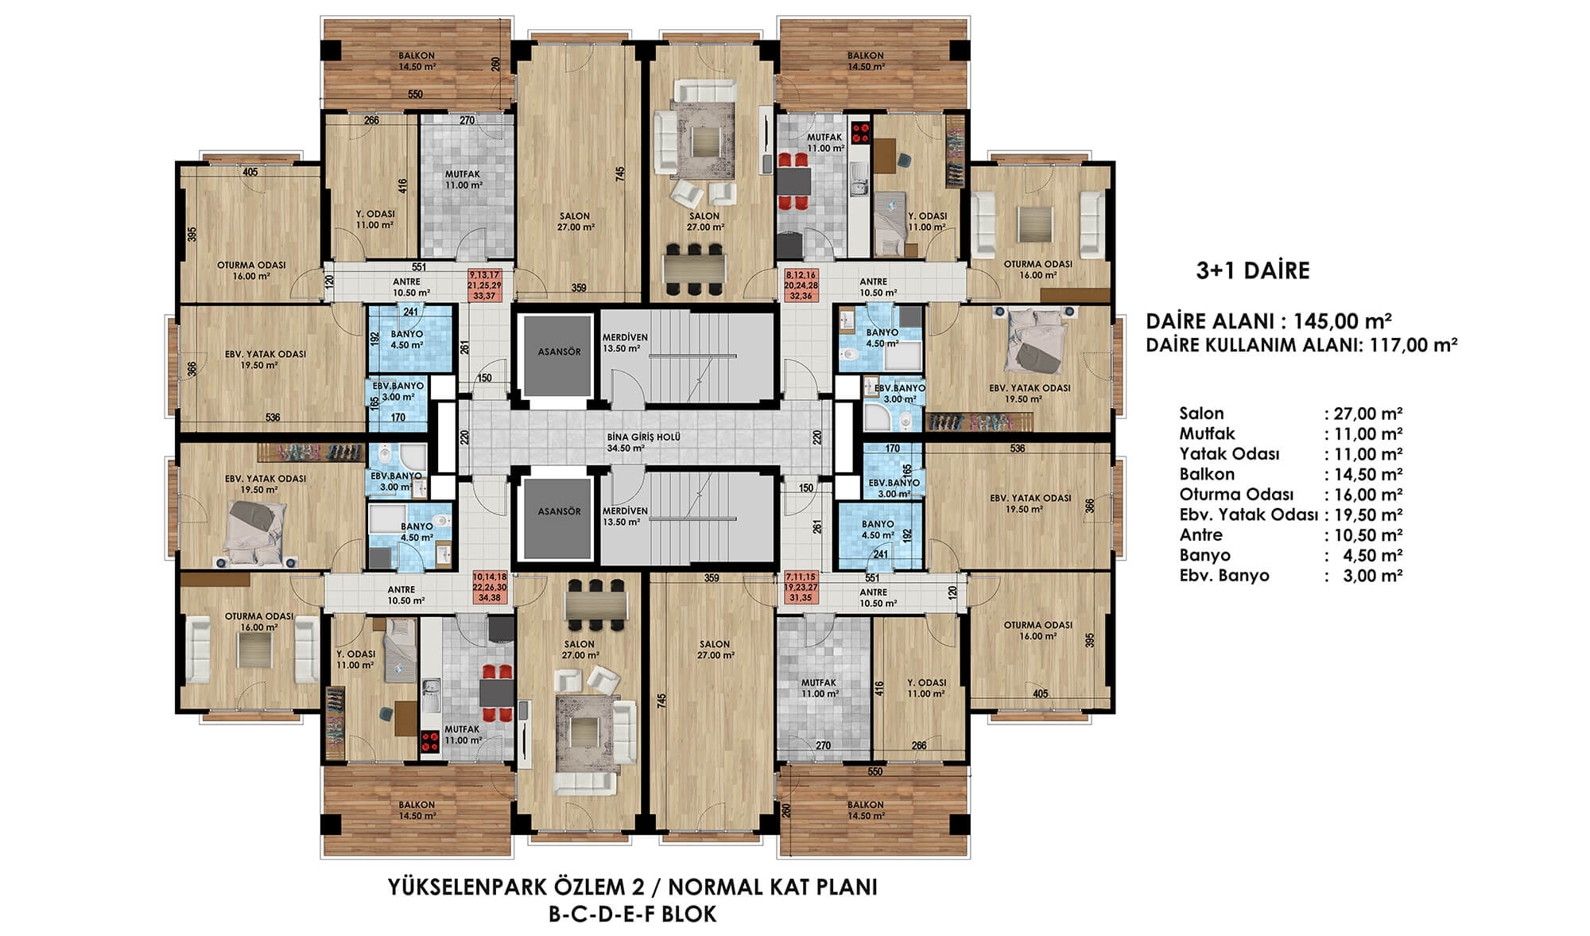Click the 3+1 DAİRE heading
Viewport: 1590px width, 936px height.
pyautogui.click(x=1253, y=270)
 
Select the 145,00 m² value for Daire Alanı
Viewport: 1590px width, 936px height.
pyautogui.click(x=1343, y=321)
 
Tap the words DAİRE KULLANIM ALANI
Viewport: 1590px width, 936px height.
pyautogui.click(x=1253, y=345)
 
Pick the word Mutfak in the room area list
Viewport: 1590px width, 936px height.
pyautogui.click(x=1207, y=433)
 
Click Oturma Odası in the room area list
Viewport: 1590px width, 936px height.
pyautogui.click(x=1236, y=495)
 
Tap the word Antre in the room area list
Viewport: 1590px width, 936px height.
pyautogui.click(x=1200, y=535)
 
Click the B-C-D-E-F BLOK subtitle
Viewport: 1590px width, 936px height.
pyautogui.click(x=633, y=915)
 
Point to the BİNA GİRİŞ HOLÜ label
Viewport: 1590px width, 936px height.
pyautogui.click(x=643, y=437)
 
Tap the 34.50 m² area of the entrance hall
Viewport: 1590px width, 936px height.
pyautogui.click(x=626, y=449)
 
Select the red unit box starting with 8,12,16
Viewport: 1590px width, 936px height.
pyautogui.click(x=801, y=285)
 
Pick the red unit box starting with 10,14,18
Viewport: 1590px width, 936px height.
pyautogui.click(x=490, y=587)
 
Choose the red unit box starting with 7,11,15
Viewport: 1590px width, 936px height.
pyautogui.click(x=801, y=587)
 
